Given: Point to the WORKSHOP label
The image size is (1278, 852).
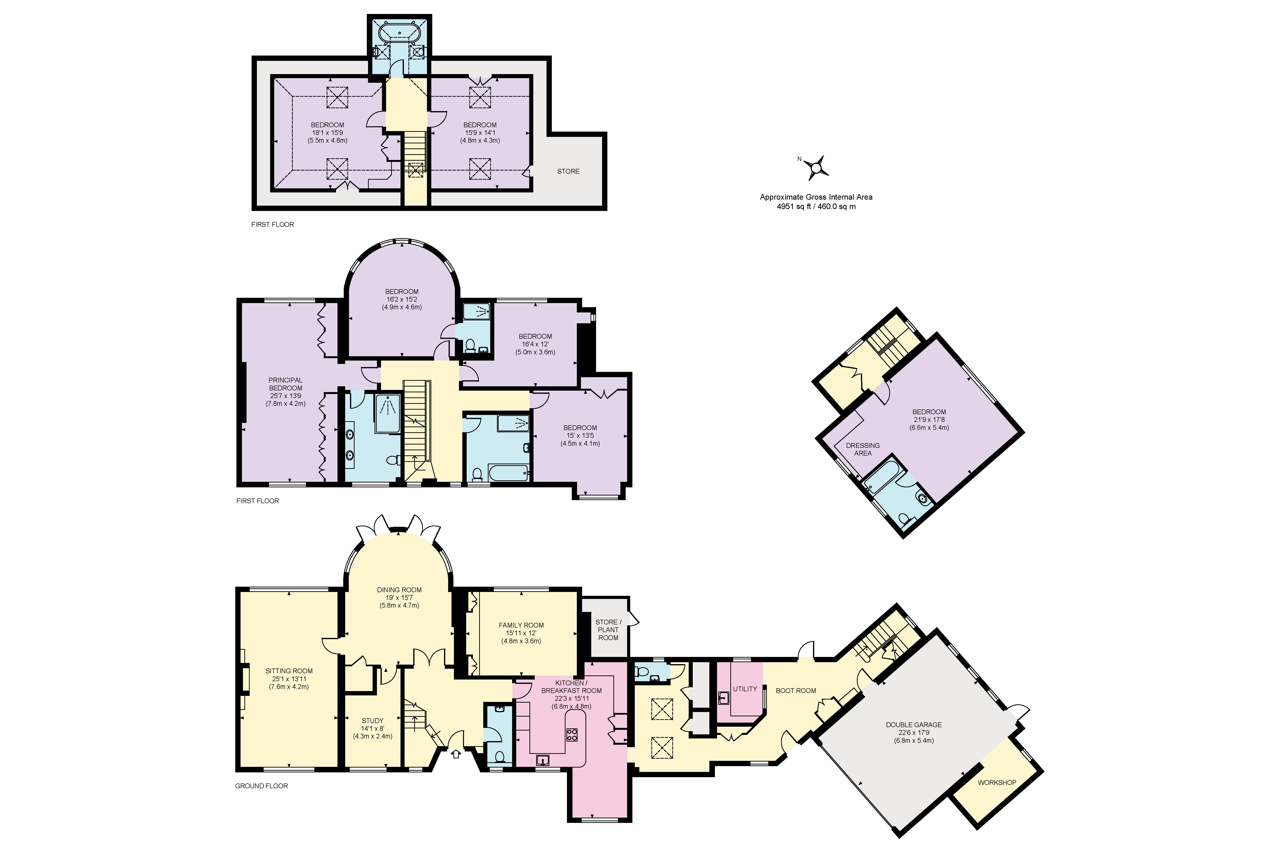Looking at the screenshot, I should (997, 782).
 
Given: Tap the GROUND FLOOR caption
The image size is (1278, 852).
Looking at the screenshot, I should (261, 786).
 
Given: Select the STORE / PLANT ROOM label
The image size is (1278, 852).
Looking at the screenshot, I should (608, 630).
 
